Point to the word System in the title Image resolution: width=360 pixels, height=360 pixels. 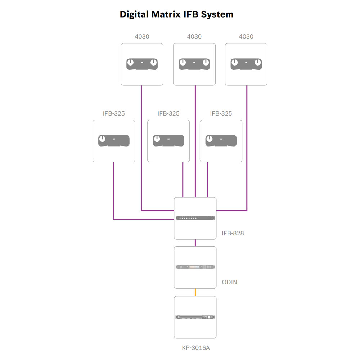pyautogui.click(x=217, y=14)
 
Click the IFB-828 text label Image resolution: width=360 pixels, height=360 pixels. pyautogui.click(x=233, y=233)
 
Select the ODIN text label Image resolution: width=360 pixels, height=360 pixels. pyautogui.click(x=229, y=282)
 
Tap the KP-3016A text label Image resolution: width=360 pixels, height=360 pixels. pyautogui.click(x=195, y=348)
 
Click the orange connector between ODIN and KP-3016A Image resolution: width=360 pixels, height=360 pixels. pyautogui.click(x=195, y=292)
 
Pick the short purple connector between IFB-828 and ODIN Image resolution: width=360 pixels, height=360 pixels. pyautogui.click(x=195, y=243)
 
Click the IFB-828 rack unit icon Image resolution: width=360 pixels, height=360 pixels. pyautogui.click(x=195, y=218)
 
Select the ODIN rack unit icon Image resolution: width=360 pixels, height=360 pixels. pyautogui.click(x=195, y=267)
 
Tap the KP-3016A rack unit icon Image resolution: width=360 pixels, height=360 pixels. pyautogui.click(x=195, y=317)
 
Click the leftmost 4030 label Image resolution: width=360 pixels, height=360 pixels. pyautogui.click(x=142, y=36)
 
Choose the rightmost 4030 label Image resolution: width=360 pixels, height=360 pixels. pyautogui.click(x=246, y=36)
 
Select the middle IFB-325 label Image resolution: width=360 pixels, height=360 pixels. pyautogui.click(x=168, y=113)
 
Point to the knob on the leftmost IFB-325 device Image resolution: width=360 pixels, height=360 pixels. pyautogui.click(x=103, y=139)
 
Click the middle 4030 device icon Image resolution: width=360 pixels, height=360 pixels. pyautogui.click(x=194, y=64)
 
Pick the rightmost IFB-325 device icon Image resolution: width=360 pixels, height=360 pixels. pyautogui.click(x=221, y=140)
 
